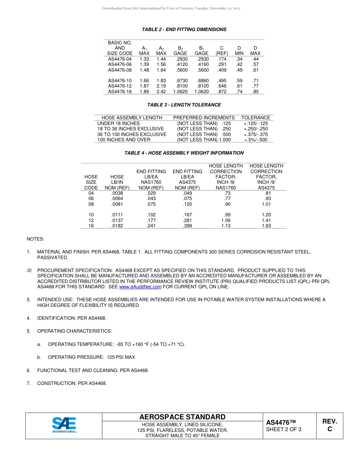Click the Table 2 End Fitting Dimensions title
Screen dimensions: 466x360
pyautogui.click(x=184, y=30)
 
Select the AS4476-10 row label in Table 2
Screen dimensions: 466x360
pyautogui.click(x=120, y=81)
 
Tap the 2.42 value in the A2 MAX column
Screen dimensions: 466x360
pyautogui.click(x=161, y=92)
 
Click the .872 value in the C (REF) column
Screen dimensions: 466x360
pyautogui.click(x=222, y=92)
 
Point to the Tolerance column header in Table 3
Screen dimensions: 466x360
pyautogui.click(x=256, y=118)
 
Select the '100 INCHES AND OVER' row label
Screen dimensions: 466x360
pyautogui.click(x=124, y=140)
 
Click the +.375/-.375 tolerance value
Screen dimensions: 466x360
pyautogui.click(x=256, y=134)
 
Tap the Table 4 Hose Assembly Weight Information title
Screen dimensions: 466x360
pyautogui.click(x=184, y=153)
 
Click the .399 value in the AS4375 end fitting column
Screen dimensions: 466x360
pyautogui.click(x=187, y=226)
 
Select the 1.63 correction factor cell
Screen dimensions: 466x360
pyautogui.click(x=266, y=226)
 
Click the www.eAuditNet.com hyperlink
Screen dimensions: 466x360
pyautogui.click(x=140, y=287)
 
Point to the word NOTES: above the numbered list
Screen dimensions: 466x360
pyautogui.click(x=35, y=239)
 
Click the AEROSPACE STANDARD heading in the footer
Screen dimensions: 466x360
pyautogui.click(x=182, y=417)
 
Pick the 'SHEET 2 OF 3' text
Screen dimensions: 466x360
pyautogui.click(x=283, y=430)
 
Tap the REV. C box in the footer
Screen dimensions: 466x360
pyautogui.click(x=329, y=425)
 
